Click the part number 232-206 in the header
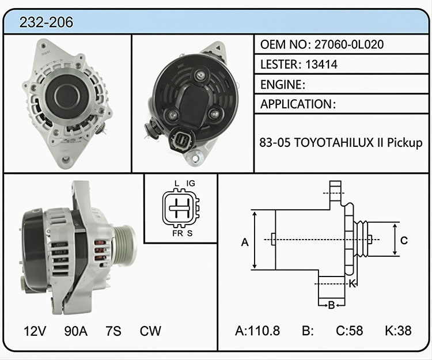pyautogui.click(x=46, y=22)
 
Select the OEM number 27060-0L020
pyautogui.click(x=349, y=44)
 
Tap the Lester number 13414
pyautogui.click(x=321, y=65)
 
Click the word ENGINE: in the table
pyautogui.click(x=283, y=85)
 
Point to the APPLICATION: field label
pyautogui.click(x=298, y=104)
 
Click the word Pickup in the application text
pyautogui.click(x=405, y=143)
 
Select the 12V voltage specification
pyautogui.click(x=35, y=331)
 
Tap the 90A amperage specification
pyautogui.click(x=76, y=331)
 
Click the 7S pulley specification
pyautogui.click(x=113, y=331)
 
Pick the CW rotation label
pyautogui.click(x=150, y=331)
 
